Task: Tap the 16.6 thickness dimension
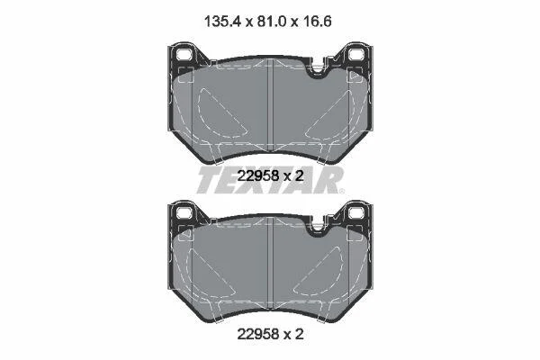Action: pyautogui.click(x=316, y=22)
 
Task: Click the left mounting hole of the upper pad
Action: pyautogui.click(x=184, y=54)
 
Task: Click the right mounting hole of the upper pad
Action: pyautogui.click(x=355, y=54)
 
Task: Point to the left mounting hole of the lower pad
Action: pyautogui.click(x=184, y=212)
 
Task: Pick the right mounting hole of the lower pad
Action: pyautogui.click(x=355, y=212)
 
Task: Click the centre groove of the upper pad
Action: pyautogui.click(x=270, y=104)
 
